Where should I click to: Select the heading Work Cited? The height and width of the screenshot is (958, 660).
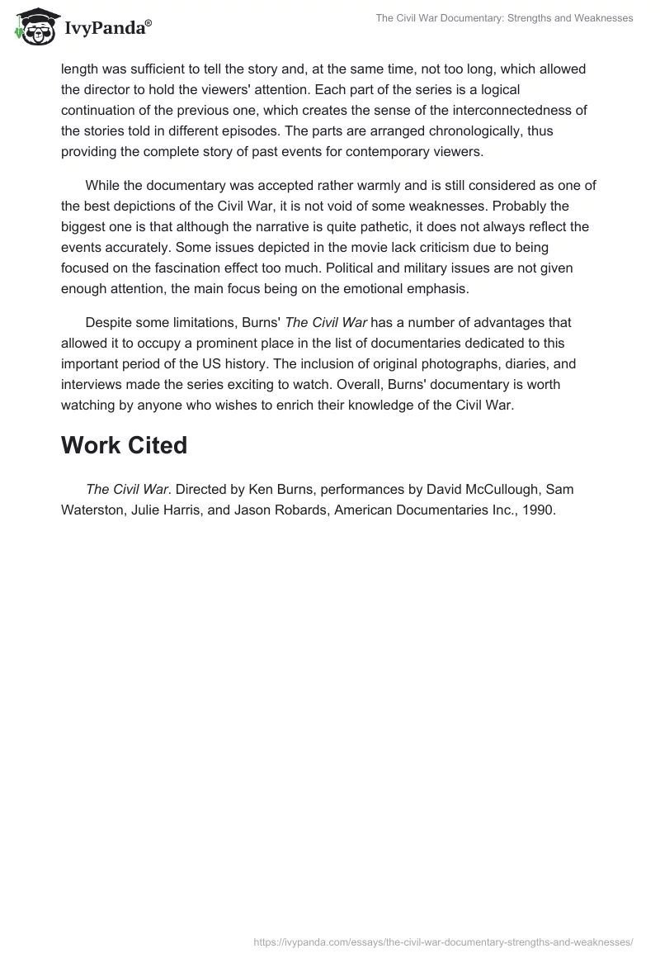click(x=124, y=445)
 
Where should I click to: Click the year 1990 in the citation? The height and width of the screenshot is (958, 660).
click(x=540, y=510)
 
